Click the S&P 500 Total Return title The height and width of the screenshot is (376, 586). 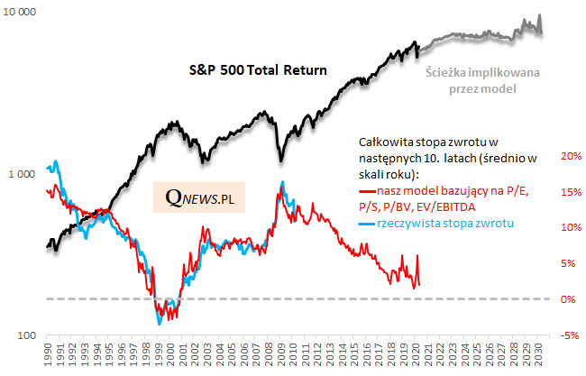(x=257, y=69)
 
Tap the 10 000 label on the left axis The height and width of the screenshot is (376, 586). (x=21, y=12)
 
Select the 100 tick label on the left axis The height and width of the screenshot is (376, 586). (x=28, y=335)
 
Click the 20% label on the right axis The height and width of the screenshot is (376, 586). (x=571, y=156)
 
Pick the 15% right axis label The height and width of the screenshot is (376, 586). (x=571, y=192)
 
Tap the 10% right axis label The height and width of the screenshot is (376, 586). (x=571, y=227)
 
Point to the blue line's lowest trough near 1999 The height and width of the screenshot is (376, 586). (x=160, y=322)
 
